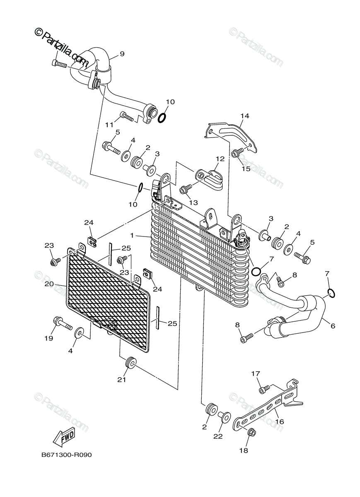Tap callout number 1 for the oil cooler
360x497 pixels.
[x=132, y=235]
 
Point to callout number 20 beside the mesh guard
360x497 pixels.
[x=49, y=284]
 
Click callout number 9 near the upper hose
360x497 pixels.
[x=122, y=54]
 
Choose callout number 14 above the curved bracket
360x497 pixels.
[x=244, y=116]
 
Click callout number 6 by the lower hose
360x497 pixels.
[x=333, y=326]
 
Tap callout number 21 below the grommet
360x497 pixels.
[x=122, y=380]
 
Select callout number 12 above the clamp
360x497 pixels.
[x=220, y=159]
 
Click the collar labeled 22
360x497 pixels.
[x=224, y=417]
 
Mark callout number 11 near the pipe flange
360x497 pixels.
[x=109, y=125]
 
